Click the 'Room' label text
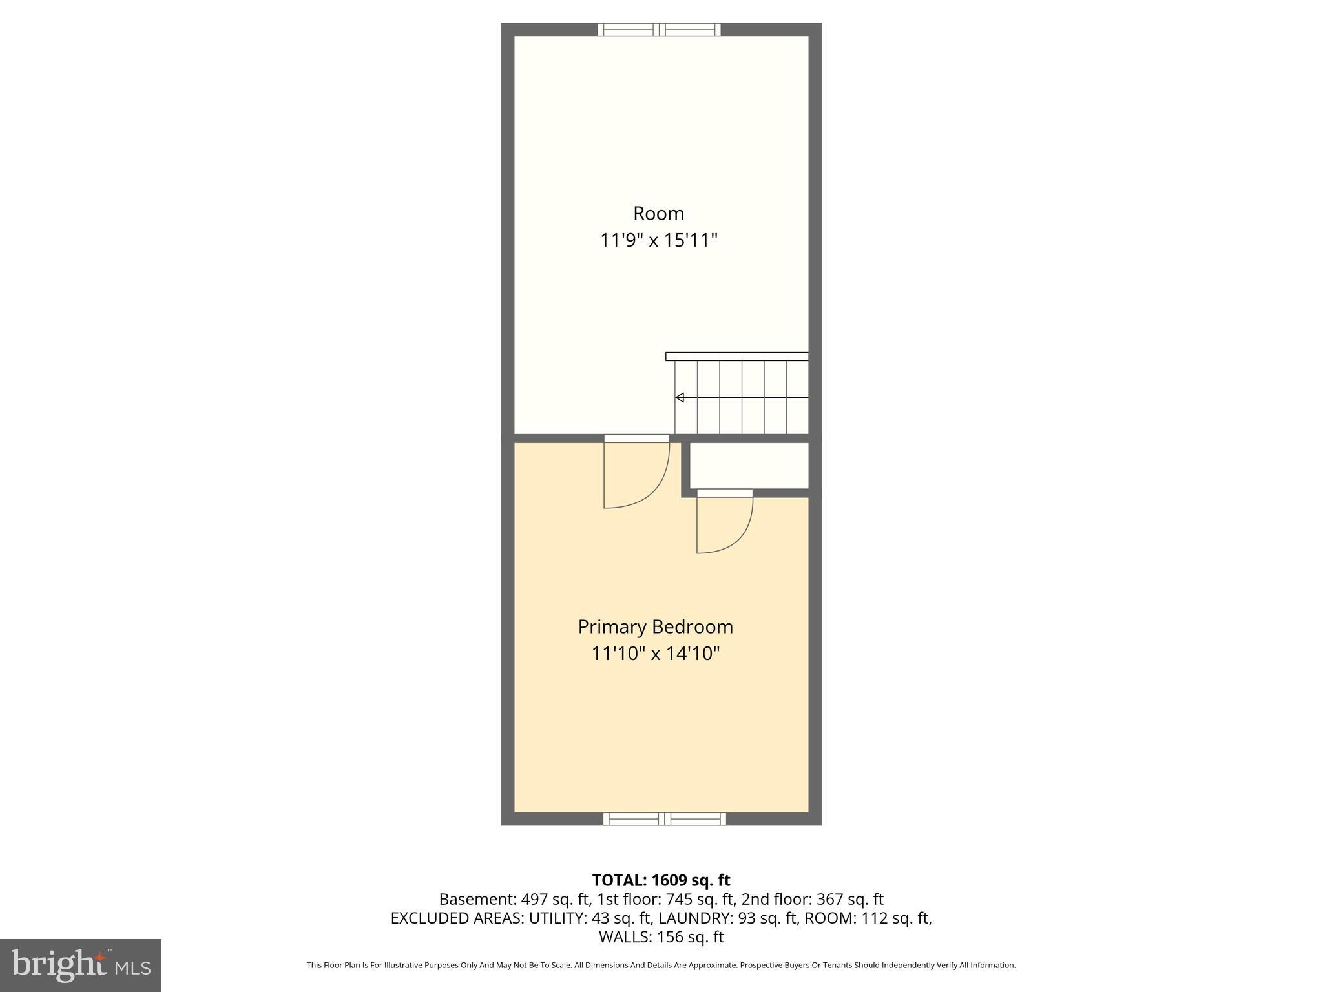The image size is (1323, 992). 658,213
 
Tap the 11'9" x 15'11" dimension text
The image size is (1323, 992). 658,241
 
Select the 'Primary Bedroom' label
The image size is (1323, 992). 655,626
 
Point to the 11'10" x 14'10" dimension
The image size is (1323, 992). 655,654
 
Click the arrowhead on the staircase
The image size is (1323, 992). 680,397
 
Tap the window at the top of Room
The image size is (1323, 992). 659,29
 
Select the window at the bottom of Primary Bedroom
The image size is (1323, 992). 664,819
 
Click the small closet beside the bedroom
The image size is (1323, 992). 749,466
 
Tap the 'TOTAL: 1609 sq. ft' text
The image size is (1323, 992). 661,880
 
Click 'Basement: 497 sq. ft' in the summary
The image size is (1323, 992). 514,899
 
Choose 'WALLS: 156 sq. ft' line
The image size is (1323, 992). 661,937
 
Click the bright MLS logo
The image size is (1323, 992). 81,965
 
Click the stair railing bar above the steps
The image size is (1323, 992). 736,356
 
